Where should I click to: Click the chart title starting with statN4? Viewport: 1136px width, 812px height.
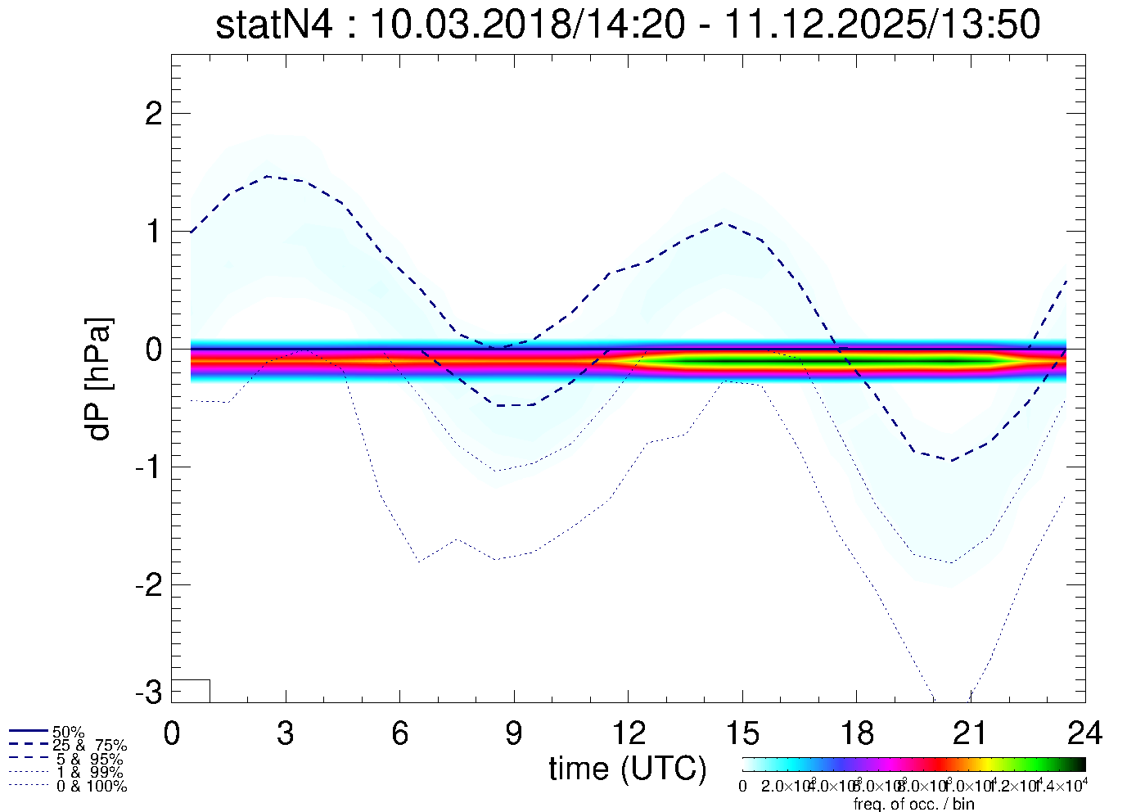(x=628, y=25)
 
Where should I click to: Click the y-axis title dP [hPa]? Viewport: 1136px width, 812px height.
(x=99, y=379)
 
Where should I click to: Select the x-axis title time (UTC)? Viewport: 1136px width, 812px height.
(x=628, y=769)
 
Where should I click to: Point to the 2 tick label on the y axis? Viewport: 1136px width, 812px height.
(x=153, y=114)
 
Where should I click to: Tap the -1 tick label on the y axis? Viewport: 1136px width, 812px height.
(x=147, y=467)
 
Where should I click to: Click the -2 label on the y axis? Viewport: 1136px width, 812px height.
(x=147, y=585)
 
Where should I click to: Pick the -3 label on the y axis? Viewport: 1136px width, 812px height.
(x=147, y=692)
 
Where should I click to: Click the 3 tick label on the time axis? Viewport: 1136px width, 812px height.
(x=286, y=733)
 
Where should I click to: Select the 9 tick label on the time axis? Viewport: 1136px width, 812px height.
(x=514, y=733)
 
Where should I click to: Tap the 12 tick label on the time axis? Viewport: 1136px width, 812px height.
(x=628, y=733)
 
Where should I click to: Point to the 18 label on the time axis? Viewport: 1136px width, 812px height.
(x=856, y=733)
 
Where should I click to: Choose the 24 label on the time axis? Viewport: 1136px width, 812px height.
(x=1084, y=733)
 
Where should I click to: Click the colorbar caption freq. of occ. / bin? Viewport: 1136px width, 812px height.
(x=913, y=804)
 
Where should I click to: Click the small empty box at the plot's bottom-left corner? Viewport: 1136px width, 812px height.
(x=191, y=691)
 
